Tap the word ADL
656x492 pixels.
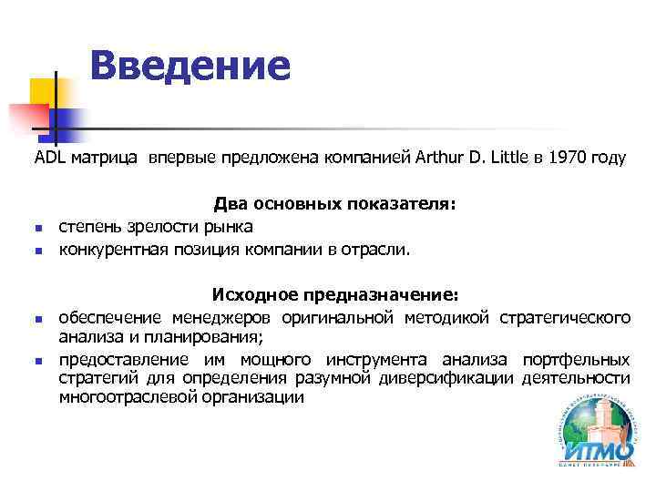pos(49,158)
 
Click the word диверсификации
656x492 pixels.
pos(456,378)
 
